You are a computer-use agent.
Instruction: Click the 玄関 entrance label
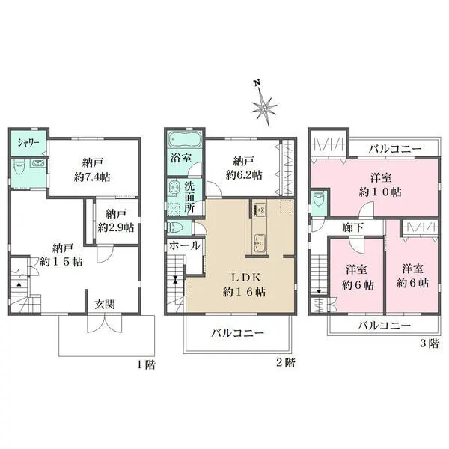[104, 305]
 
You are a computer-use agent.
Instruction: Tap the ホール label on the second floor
[184, 245]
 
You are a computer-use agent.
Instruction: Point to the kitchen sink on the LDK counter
[259, 241]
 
